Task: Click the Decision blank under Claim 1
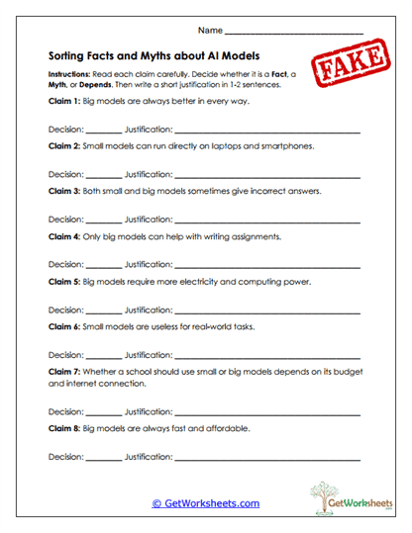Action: pos(104,132)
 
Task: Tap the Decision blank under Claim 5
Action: pos(104,312)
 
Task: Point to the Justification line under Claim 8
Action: pos(267,459)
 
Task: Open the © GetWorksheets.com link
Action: pos(206,503)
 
